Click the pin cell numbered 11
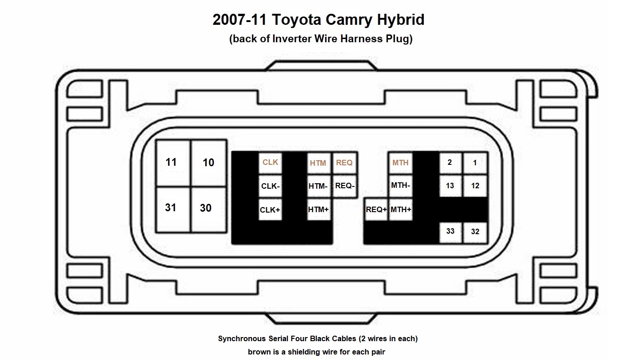173,163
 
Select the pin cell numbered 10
208,163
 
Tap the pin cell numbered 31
173,210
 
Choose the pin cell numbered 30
208,210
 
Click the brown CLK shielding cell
270,163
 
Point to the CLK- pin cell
270,186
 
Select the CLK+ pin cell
270,210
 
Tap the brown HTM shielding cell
319,163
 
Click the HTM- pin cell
319,186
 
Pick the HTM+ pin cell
319,210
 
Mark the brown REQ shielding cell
345,163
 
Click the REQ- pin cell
345,186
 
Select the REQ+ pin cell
376,210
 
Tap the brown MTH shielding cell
400,163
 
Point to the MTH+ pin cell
400,210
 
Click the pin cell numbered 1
475,163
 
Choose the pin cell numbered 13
450,186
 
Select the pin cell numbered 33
450,232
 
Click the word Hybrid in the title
400,20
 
